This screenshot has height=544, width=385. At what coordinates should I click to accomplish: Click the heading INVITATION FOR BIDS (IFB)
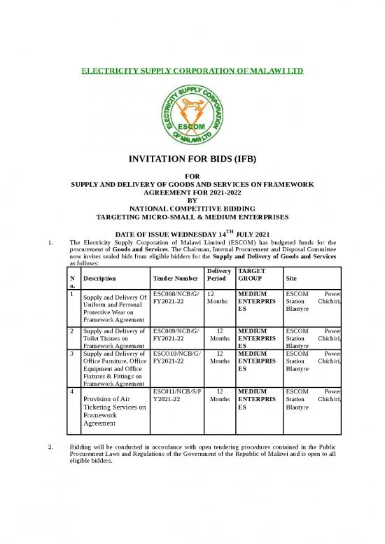coord(192,160)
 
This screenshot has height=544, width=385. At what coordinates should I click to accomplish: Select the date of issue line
coord(192,233)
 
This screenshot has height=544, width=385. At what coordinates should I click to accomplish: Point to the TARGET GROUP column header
coord(253,274)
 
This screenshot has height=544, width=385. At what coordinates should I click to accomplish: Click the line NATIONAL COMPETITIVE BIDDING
coord(192,208)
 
